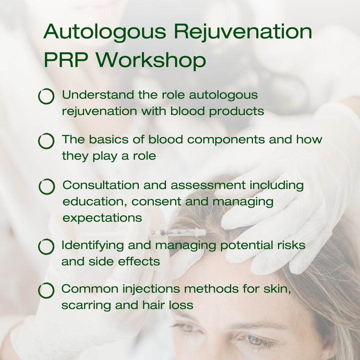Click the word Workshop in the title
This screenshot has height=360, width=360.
click(x=152, y=60)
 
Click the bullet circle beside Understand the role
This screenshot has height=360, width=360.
click(x=46, y=97)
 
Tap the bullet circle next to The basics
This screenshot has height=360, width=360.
click(x=46, y=141)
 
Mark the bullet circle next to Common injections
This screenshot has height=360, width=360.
click(x=46, y=290)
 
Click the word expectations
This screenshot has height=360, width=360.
click(x=102, y=218)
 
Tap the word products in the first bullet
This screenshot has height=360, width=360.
click(x=237, y=111)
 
